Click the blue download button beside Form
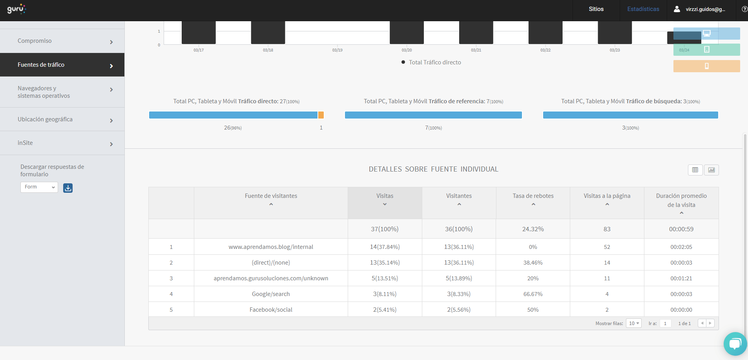(68, 188)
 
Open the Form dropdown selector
(39, 187)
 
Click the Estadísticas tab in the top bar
(643, 9)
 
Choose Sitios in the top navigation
(596, 9)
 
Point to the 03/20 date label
(407, 50)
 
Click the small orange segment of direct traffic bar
(321, 115)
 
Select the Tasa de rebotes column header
(533, 196)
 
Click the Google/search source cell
(271, 294)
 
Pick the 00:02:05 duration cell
(681, 247)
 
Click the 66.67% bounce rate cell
(533, 294)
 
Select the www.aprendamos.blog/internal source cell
(271, 247)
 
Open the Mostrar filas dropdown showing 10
(633, 323)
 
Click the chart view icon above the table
(711, 170)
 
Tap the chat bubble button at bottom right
(735, 344)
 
